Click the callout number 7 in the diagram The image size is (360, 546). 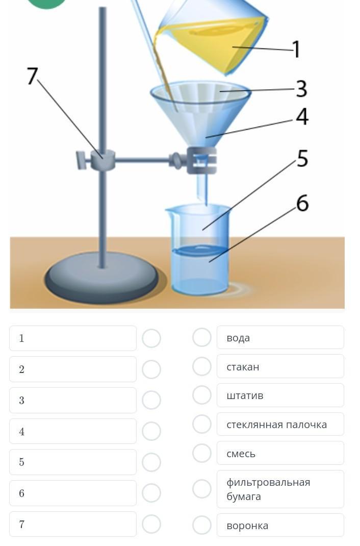click(x=32, y=76)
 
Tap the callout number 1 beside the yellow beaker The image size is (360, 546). click(x=296, y=49)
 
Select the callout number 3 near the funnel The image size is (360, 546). click(x=301, y=89)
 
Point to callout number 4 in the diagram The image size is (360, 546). click(x=302, y=116)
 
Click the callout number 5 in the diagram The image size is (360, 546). click(x=302, y=158)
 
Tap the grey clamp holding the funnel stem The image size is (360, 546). click(x=201, y=161)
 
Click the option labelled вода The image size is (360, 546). click(x=280, y=337)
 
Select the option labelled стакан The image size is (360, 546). click(x=280, y=366)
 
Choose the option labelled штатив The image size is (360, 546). click(x=280, y=395)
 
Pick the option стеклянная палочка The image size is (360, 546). click(x=280, y=424)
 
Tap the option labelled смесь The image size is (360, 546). click(x=280, y=453)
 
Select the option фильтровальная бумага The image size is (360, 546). click(x=280, y=489)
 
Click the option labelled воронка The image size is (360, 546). click(x=280, y=525)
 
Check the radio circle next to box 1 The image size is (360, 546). click(x=151, y=338)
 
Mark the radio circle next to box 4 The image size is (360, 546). click(x=151, y=431)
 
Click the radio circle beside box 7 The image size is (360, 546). click(x=151, y=524)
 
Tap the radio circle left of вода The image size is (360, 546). click(x=202, y=337)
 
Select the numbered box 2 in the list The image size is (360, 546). click(x=73, y=369)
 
